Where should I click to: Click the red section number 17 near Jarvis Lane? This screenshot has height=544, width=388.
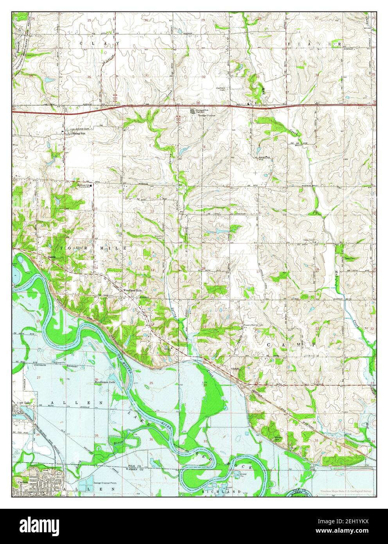point(257,271)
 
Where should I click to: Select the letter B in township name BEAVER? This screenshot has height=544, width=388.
point(288,43)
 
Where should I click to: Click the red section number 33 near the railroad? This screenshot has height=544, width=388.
point(316,440)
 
